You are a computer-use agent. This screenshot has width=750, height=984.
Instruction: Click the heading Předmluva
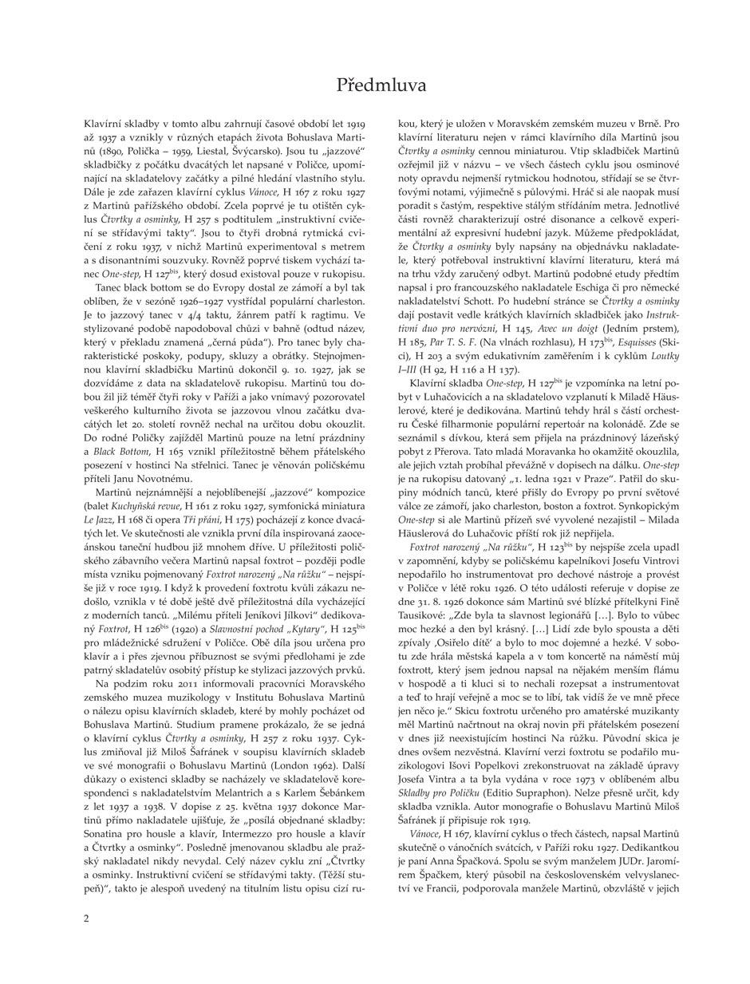[381, 85]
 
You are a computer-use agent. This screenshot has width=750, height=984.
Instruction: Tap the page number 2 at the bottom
[86, 918]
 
